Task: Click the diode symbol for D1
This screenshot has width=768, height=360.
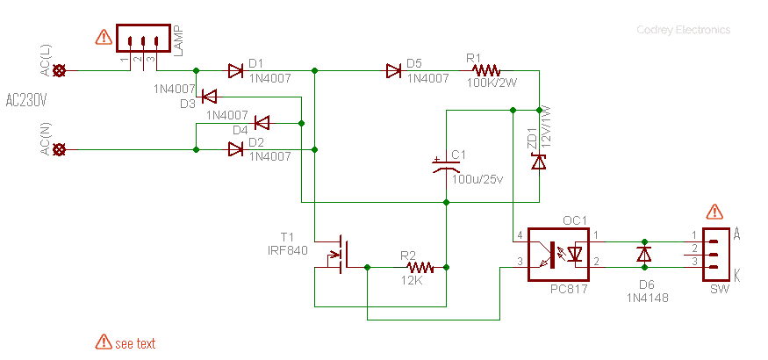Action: click(x=235, y=71)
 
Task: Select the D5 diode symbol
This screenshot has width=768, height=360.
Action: click(x=394, y=71)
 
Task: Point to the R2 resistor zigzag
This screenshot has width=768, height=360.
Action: click(x=420, y=268)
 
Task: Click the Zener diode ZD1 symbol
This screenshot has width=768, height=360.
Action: click(x=539, y=162)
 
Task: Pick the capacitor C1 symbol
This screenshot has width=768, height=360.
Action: click(x=446, y=166)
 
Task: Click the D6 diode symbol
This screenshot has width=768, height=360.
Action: click(x=644, y=255)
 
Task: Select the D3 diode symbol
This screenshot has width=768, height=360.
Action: click(x=210, y=97)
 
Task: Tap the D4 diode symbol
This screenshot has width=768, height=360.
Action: click(x=262, y=123)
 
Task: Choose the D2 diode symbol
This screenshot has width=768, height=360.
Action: click(x=235, y=149)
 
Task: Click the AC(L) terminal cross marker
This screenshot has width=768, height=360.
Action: click(x=60, y=71)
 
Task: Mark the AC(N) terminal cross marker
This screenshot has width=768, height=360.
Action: click(x=60, y=149)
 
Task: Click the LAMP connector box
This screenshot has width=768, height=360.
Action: click(x=143, y=39)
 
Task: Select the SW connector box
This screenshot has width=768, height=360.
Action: click(x=714, y=255)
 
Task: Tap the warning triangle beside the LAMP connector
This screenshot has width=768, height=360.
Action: click(x=104, y=37)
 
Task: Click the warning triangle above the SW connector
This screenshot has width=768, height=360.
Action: click(x=715, y=212)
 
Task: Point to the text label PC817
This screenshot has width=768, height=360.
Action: click(x=569, y=290)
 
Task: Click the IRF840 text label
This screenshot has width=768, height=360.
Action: click(x=288, y=251)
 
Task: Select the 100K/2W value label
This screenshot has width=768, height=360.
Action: click(x=492, y=83)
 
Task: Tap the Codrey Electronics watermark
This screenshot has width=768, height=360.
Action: click(x=683, y=30)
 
